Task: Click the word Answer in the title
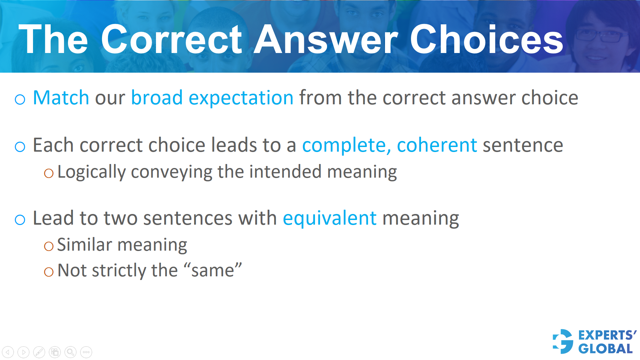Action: tap(326, 40)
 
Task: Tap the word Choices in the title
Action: tap(486, 40)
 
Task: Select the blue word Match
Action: tap(61, 98)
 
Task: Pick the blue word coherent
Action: tap(437, 145)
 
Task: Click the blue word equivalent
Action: tap(330, 219)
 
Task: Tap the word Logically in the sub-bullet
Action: tap(91, 172)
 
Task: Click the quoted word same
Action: tap(213, 270)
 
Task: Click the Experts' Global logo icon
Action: tap(563, 341)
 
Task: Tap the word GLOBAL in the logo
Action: tap(605, 349)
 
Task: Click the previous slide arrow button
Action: tap(8, 352)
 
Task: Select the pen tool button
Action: tap(39, 352)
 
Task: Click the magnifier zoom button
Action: tap(70, 352)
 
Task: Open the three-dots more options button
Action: tap(86, 352)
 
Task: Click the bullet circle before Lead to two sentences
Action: tap(20, 220)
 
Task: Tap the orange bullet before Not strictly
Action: tap(49, 272)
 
